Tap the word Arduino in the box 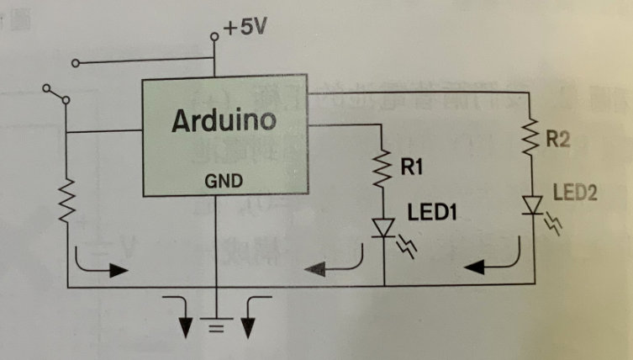coord(224,122)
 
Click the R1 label coord(412,168)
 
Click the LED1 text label coord(431,213)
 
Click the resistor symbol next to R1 coord(383,172)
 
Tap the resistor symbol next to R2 coord(531,137)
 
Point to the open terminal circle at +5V coord(215,36)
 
